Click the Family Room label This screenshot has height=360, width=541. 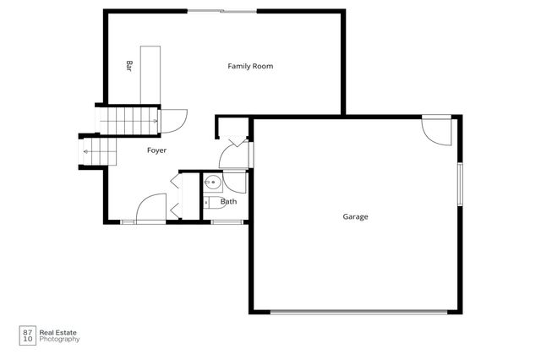250,66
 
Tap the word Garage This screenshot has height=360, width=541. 355,216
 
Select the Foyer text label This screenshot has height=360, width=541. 156,150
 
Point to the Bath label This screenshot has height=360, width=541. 229,202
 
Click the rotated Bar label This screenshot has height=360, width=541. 129,65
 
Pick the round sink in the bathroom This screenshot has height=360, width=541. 210,182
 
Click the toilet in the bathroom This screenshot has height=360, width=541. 208,202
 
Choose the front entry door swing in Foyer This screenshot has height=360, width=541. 150,209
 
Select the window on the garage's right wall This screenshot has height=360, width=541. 461,183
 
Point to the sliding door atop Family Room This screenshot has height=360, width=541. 221,11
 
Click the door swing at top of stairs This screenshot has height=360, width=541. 174,123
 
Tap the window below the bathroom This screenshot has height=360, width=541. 227,221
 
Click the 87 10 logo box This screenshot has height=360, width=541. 28,335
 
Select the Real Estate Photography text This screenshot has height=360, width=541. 62,335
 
